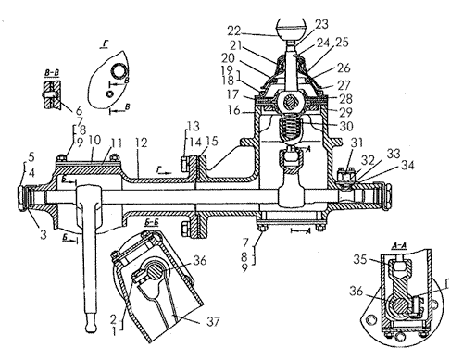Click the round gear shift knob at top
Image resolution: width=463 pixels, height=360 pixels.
(x=292, y=28)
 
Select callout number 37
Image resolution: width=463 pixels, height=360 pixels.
(x=213, y=322)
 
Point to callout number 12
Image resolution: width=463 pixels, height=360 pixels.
(x=141, y=143)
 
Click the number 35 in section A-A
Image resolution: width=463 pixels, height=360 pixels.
(x=360, y=260)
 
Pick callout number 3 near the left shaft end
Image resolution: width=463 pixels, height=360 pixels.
(x=44, y=234)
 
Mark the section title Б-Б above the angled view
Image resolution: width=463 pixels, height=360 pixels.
(x=151, y=223)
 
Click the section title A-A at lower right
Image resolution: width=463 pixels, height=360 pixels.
(x=398, y=245)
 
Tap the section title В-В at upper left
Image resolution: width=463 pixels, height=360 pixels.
(x=52, y=73)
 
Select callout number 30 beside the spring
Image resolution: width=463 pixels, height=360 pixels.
(x=345, y=126)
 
